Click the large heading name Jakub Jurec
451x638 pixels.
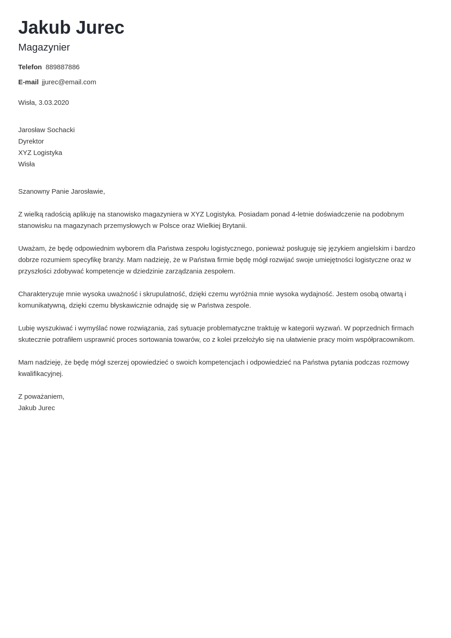(71, 27)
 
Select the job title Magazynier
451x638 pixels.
(44, 47)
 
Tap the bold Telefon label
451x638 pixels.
(30, 67)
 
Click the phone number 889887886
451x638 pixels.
(62, 67)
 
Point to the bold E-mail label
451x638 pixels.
(28, 82)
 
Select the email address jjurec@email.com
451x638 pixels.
(69, 82)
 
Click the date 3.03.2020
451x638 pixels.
(54, 103)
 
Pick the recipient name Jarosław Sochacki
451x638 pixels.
(46, 130)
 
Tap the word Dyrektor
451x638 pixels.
(31, 141)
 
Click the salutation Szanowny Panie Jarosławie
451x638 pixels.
(61, 191)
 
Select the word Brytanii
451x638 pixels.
(234, 226)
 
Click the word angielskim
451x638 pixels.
(373, 248)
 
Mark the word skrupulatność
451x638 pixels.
(164, 294)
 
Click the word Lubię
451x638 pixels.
(27, 328)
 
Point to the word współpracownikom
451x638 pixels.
(386, 340)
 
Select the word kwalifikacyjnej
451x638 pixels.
(41, 374)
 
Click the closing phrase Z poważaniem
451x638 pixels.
(41, 396)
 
